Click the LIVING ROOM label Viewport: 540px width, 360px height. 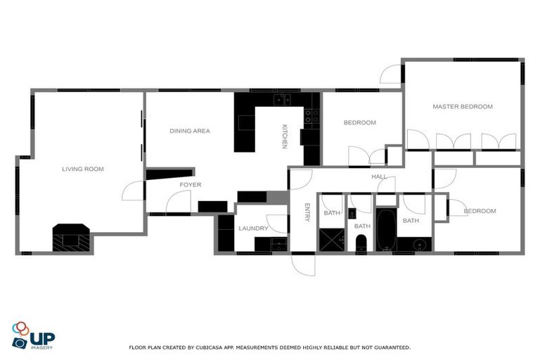83,169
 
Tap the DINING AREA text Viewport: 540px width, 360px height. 190,131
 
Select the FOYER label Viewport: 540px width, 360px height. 190,185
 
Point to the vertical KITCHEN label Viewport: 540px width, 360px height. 285,136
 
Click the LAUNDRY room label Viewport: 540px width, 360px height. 252,229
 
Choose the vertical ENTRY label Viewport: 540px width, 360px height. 307,212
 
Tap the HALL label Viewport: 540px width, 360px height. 379,177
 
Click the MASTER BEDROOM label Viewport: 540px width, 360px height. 462,107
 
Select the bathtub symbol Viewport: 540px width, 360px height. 385,229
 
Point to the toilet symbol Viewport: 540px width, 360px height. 361,243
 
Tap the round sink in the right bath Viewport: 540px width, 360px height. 420,245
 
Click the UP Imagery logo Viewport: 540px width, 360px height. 33,336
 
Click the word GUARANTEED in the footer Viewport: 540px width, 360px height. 390,347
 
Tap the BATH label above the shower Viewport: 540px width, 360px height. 331,213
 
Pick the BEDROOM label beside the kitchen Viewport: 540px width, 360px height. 359,122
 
